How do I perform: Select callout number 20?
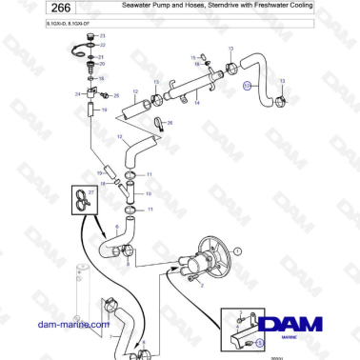103,64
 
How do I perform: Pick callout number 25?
116,96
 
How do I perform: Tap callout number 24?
78,94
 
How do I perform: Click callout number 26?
170,123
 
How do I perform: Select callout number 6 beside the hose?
116,227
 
